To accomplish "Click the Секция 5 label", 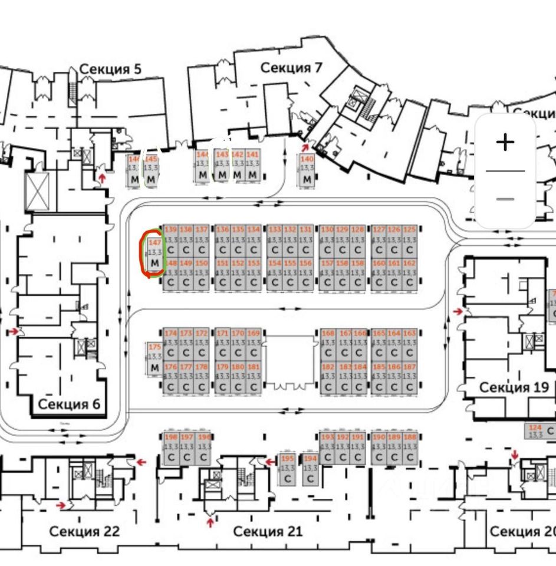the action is (110, 69).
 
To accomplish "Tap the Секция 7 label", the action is (291, 68).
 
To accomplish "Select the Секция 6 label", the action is (69, 404).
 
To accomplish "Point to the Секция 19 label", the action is (514, 387).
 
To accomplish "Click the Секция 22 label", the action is (84, 531).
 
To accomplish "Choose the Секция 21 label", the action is (268, 531).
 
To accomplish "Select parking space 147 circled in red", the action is (155, 253).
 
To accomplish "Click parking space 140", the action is (307, 170).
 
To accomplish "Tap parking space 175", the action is (154, 358).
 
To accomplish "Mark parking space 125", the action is (409, 239).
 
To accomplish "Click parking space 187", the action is (409, 377).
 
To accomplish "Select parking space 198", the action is (171, 448).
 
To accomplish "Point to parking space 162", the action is (409, 274).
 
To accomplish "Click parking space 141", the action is (252, 166).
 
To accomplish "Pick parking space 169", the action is (254, 343).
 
